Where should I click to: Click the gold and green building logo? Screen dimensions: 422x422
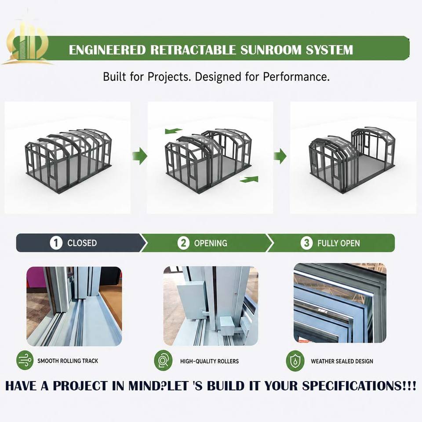point(27,43)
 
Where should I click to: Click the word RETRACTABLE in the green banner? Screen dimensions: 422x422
point(193,50)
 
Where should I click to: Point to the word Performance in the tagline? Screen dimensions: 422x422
point(296,76)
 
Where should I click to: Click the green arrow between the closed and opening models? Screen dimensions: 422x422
point(140,156)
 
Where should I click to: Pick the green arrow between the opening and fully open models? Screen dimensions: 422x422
point(280,156)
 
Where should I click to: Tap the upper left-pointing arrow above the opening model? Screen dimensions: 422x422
point(173,131)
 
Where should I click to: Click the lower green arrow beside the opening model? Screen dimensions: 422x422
point(249,179)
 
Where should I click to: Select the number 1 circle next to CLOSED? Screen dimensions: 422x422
point(56,243)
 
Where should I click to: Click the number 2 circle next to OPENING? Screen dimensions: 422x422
point(183,243)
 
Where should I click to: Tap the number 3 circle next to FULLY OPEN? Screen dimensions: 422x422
point(306,243)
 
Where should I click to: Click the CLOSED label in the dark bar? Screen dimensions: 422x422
point(82,243)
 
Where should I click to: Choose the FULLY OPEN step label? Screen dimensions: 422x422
point(338,243)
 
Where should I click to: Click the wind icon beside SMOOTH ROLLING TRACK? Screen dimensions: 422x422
point(25,360)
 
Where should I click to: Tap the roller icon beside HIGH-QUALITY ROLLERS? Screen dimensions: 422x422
point(163,360)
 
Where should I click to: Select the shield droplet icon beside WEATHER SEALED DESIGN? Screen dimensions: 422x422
point(295,360)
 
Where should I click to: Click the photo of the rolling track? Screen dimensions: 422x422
point(74,306)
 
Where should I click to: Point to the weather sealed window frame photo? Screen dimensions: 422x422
point(340,303)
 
